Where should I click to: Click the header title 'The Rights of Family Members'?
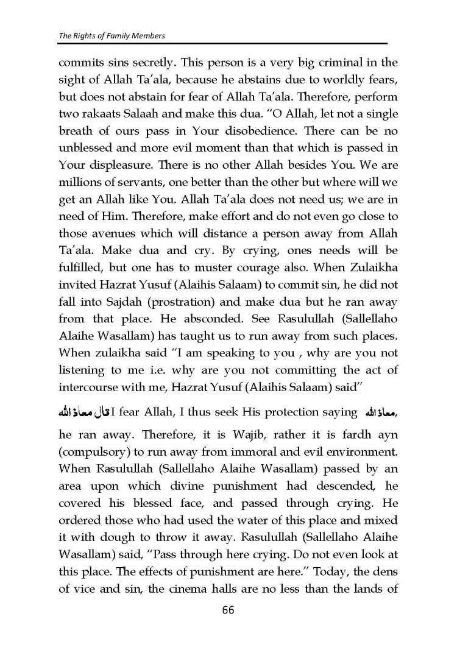pyautogui.click(x=112, y=36)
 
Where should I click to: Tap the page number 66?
pyautogui.click(x=228, y=610)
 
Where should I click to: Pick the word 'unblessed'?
pyautogui.click(x=87, y=148)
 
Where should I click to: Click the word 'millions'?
pyautogui.click(x=80, y=182)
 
